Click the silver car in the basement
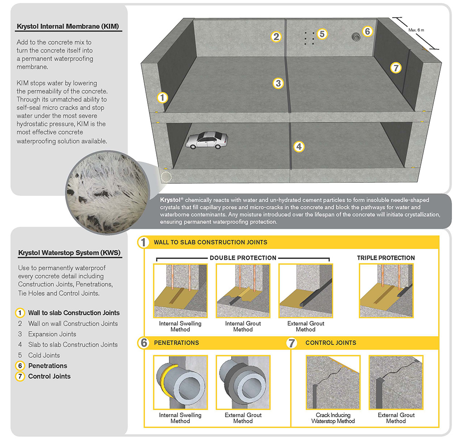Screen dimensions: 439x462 click(x=206, y=140)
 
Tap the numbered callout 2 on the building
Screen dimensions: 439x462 click(x=276, y=37)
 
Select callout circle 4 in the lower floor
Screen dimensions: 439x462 click(x=298, y=146)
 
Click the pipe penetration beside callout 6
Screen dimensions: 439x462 click(x=355, y=36)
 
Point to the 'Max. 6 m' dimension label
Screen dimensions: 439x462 click(x=416, y=30)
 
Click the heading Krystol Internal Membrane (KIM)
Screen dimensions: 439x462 click(x=67, y=26)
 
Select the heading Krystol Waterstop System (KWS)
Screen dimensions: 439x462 click(x=69, y=253)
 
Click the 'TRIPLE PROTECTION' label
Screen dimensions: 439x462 click(x=385, y=258)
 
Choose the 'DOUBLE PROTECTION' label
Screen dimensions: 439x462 click(x=243, y=258)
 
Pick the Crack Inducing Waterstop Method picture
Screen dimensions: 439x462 click(x=333, y=382)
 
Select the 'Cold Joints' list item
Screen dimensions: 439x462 click(x=44, y=355)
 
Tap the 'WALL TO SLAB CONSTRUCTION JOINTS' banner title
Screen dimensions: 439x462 click(x=211, y=242)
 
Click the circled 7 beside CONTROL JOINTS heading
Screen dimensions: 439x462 click(x=292, y=343)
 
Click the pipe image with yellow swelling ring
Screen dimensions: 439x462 click(x=180, y=382)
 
